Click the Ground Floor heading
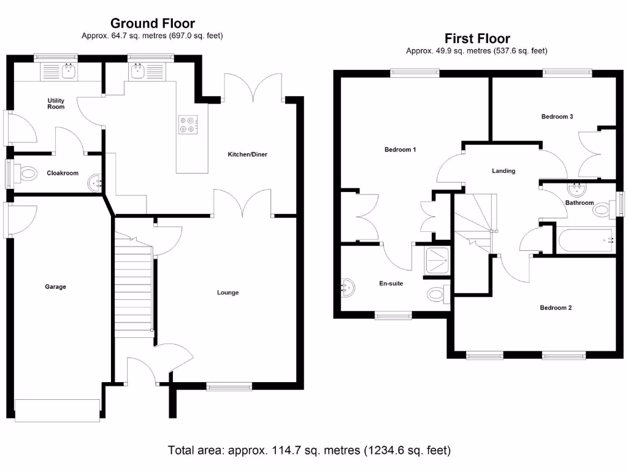click(x=152, y=23)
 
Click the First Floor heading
click(x=477, y=39)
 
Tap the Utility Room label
click(x=56, y=103)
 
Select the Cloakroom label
click(x=63, y=173)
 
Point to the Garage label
click(x=55, y=286)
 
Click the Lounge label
click(x=228, y=293)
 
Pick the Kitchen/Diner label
click(x=247, y=154)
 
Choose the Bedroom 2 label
click(x=556, y=308)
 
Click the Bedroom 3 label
click(x=557, y=116)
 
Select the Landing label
click(x=504, y=170)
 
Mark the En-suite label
click(x=391, y=283)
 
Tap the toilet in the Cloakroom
click(x=27, y=174)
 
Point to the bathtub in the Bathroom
click(x=584, y=240)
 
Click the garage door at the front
click(x=57, y=410)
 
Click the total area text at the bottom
click(x=309, y=450)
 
